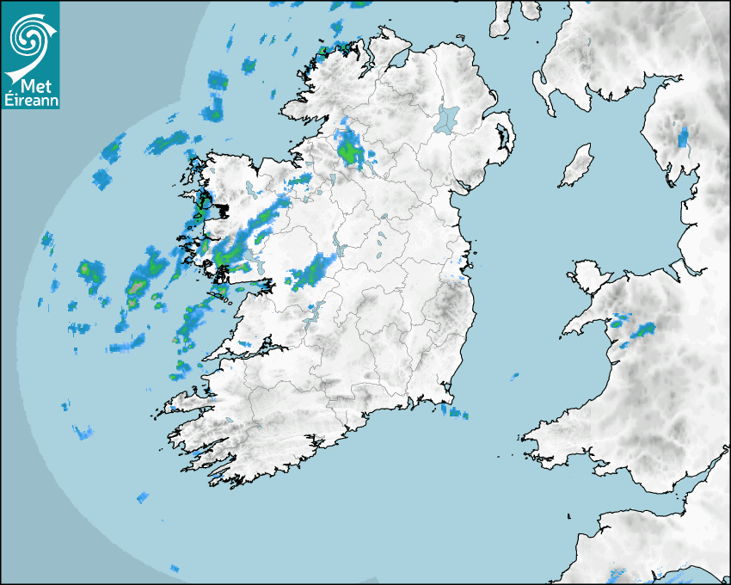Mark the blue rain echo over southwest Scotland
(x=683, y=136)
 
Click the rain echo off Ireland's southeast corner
(x=455, y=413)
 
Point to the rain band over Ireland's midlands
(x=311, y=272)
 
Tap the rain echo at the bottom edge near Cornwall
(x=617, y=574)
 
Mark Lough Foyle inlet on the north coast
(x=398, y=61)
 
